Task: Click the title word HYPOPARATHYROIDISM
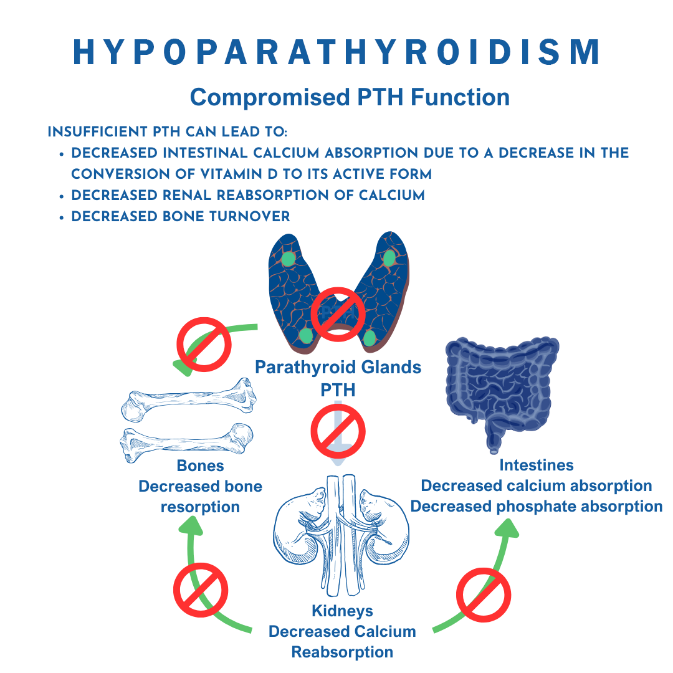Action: (336, 52)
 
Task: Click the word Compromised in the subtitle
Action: (270, 97)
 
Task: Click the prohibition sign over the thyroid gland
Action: (338, 314)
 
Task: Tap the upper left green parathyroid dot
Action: (288, 259)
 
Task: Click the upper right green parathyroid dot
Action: (389, 258)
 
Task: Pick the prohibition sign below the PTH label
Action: (338, 431)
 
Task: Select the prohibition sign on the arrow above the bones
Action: (204, 344)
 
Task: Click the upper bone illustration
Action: (189, 398)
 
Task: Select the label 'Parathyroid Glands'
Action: (338, 368)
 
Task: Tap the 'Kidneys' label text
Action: (342, 611)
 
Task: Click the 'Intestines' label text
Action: (537, 465)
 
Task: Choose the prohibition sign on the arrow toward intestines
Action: (484, 595)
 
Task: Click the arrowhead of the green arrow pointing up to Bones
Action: (191, 525)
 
